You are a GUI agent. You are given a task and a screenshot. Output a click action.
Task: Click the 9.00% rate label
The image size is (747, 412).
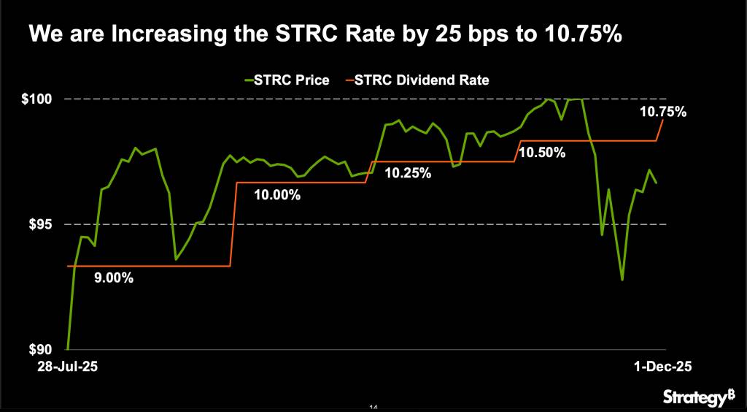pos(114,278)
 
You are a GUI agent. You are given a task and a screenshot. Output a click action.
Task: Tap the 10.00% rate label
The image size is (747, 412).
pos(277,194)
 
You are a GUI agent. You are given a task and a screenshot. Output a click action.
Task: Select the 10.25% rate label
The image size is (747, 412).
pos(408,174)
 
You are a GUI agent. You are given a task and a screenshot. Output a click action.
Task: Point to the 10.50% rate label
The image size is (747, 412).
pos(542,153)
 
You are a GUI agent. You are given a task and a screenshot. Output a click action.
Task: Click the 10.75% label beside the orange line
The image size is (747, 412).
pos(662,112)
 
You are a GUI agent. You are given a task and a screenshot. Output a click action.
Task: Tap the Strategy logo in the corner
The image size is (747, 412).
pos(699,397)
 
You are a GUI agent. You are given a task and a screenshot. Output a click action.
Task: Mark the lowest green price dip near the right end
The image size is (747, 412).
pos(622,280)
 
